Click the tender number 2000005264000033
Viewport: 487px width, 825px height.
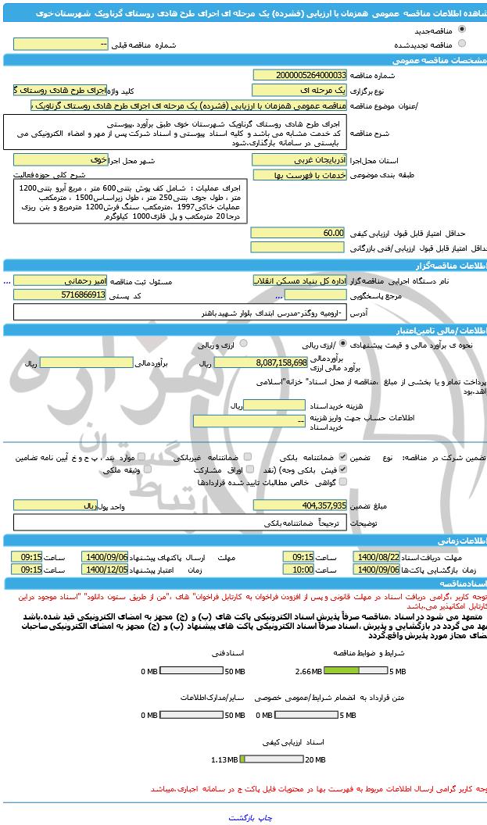tap(298, 74)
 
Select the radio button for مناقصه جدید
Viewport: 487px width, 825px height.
tap(463, 30)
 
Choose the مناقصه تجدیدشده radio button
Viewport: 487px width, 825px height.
tap(463, 44)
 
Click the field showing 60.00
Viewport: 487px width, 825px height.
tap(298, 233)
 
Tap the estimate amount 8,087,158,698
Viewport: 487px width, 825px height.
tap(260, 362)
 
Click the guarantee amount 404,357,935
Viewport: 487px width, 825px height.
tap(298, 505)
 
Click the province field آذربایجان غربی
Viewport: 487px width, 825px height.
tap(298, 159)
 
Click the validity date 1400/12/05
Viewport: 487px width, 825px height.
tap(110, 570)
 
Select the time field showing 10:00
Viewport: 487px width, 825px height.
tap(298, 570)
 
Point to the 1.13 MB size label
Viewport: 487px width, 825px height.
tap(224, 759)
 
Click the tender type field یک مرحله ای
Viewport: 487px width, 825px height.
tap(298, 90)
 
